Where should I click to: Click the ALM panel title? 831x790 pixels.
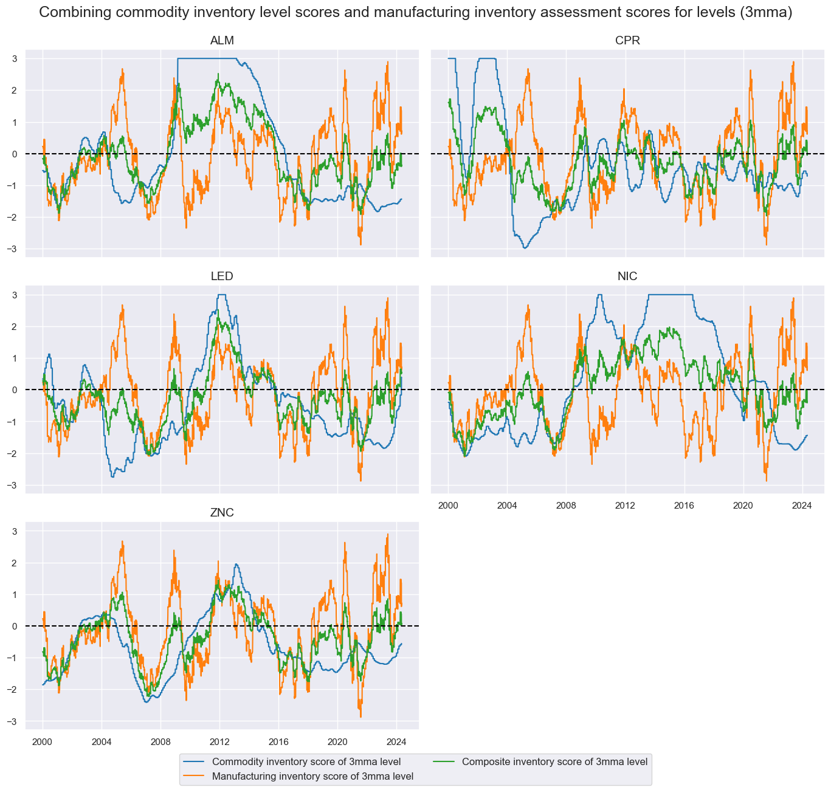(x=221, y=41)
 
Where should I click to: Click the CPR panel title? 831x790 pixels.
(x=627, y=41)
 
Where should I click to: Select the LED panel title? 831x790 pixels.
(x=221, y=276)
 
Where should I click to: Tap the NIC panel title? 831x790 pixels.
(x=627, y=276)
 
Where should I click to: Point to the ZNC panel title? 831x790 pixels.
(x=221, y=513)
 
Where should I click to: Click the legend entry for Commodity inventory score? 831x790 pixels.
(x=306, y=761)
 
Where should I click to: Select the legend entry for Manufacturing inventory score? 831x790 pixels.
(x=312, y=776)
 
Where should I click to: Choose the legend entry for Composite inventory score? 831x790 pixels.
(x=554, y=761)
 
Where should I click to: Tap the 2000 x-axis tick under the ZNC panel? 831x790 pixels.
(x=43, y=741)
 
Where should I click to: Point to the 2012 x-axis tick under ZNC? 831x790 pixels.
(x=219, y=741)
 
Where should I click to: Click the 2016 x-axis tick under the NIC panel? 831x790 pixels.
(x=684, y=505)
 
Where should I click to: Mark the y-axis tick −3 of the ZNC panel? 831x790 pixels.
(x=14, y=721)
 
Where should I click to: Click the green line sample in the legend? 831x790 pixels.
(x=444, y=761)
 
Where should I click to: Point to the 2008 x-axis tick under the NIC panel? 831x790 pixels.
(x=566, y=505)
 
